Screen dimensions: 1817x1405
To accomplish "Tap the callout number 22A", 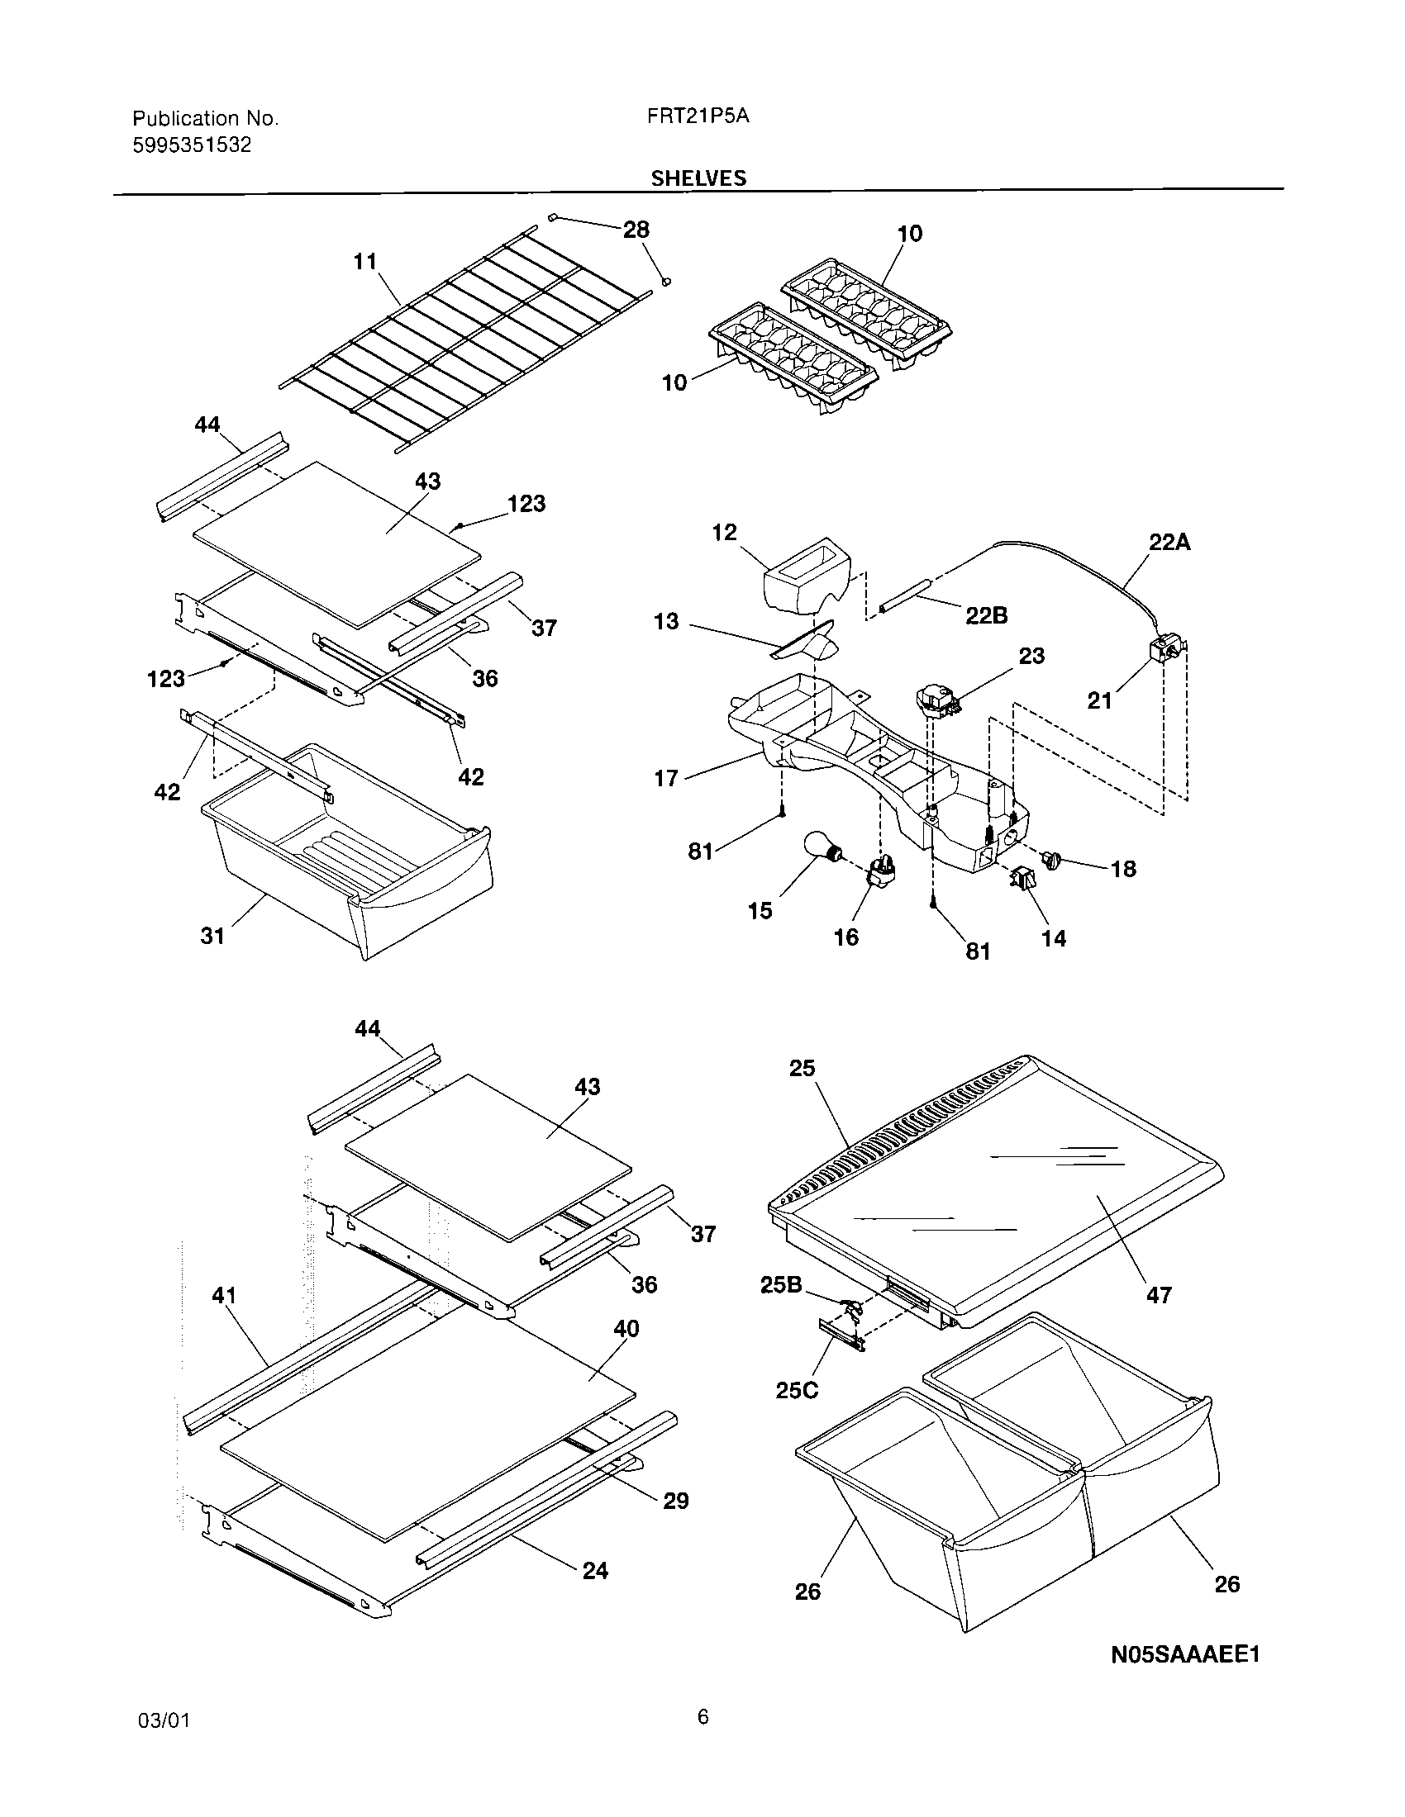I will [x=1169, y=543].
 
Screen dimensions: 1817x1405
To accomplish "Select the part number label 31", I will [x=212, y=936].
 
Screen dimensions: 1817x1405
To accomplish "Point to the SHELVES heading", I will [x=698, y=178].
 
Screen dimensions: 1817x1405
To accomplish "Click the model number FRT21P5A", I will [x=698, y=116].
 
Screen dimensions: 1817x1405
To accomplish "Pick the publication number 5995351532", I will [x=192, y=145].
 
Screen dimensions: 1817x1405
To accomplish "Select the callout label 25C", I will [x=797, y=1390].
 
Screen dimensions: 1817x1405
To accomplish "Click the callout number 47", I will [x=1159, y=1295].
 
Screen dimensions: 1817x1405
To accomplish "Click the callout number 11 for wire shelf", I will [x=365, y=261].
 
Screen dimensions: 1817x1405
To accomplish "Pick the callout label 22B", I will [x=986, y=614].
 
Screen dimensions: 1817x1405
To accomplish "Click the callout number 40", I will [x=626, y=1329].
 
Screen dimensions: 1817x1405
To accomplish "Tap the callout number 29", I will [x=676, y=1501].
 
